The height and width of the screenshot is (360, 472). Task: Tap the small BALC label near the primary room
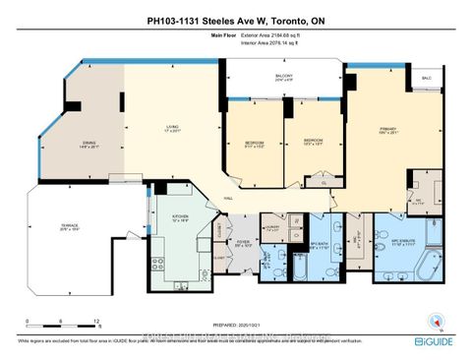click(425, 77)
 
